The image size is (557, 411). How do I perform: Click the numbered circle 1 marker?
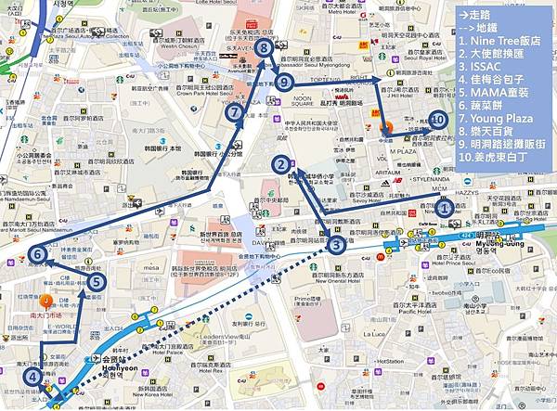[x=445, y=209]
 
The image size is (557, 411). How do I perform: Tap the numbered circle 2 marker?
[x=278, y=165]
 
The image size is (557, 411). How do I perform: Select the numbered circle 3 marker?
[x=336, y=245]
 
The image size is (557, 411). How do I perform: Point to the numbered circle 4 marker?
[x=33, y=377]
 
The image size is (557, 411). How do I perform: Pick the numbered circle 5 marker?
[x=97, y=282]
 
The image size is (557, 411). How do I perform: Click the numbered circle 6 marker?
[x=37, y=253]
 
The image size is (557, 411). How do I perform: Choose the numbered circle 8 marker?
[x=265, y=47]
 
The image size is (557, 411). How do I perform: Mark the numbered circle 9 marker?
[x=284, y=83]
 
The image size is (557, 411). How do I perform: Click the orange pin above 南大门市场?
[x=47, y=300]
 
